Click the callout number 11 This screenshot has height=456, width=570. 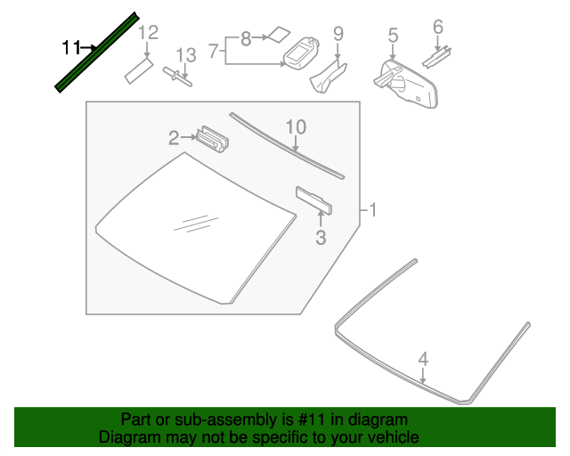click(x=70, y=46)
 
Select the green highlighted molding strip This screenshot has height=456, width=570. click(x=96, y=52)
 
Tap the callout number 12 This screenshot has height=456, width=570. click(x=148, y=33)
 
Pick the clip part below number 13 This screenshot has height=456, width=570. click(x=178, y=77)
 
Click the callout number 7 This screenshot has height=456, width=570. click(x=214, y=52)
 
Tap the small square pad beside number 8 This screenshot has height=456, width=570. click(x=279, y=35)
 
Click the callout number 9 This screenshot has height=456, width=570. click(x=338, y=34)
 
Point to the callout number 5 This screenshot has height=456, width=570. click(x=393, y=36)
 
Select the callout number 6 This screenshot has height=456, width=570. click(x=437, y=27)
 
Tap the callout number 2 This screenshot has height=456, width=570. click(x=175, y=137)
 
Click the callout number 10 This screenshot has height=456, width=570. click(x=295, y=127)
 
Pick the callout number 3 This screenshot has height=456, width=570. click(x=321, y=238)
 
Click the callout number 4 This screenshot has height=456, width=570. click(x=424, y=359)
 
